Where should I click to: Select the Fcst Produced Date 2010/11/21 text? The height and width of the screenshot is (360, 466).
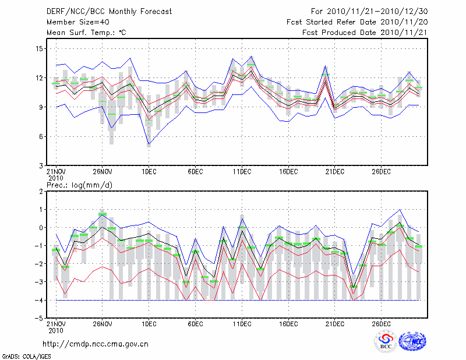(x=362, y=33)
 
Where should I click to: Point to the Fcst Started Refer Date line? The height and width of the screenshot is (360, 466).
(x=357, y=22)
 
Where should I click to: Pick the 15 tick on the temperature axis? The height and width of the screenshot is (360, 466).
(x=40, y=48)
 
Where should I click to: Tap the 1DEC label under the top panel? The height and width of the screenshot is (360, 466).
(x=149, y=171)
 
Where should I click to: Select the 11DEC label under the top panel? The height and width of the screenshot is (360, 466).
(x=242, y=171)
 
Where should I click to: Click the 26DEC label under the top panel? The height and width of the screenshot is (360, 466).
(x=381, y=171)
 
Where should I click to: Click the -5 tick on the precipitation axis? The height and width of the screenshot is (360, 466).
(x=39, y=319)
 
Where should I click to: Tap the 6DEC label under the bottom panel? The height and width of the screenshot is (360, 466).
(x=195, y=324)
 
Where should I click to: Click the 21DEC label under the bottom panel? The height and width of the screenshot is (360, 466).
(x=335, y=324)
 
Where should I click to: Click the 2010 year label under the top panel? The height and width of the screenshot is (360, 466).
(x=55, y=178)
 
